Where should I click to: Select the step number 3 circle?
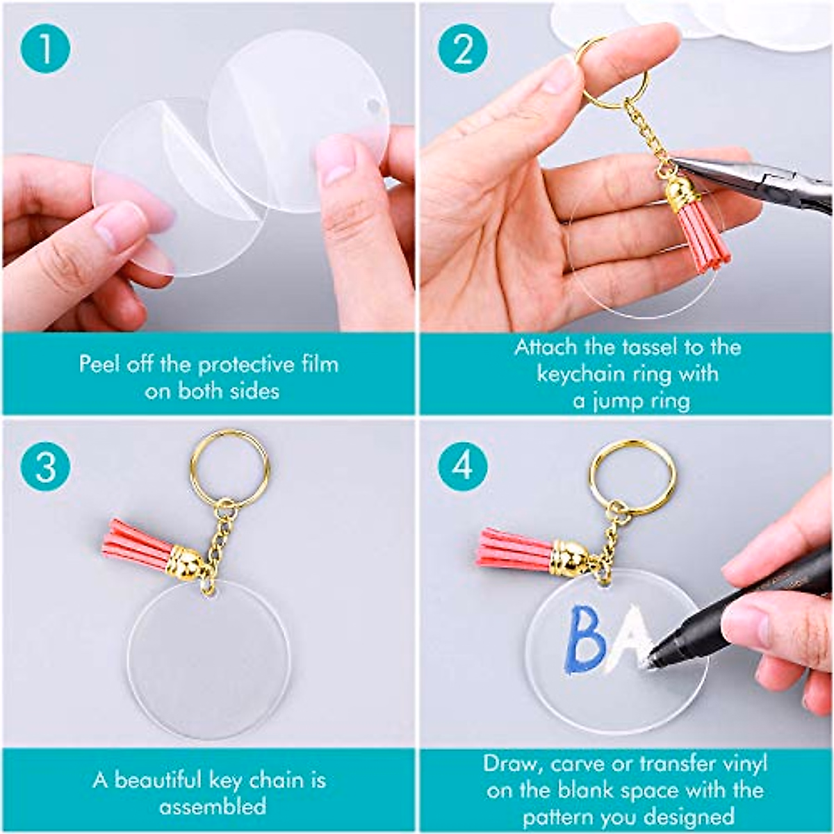(x=45, y=466)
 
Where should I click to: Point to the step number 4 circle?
(x=464, y=466)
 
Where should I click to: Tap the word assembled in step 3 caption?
(x=212, y=806)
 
